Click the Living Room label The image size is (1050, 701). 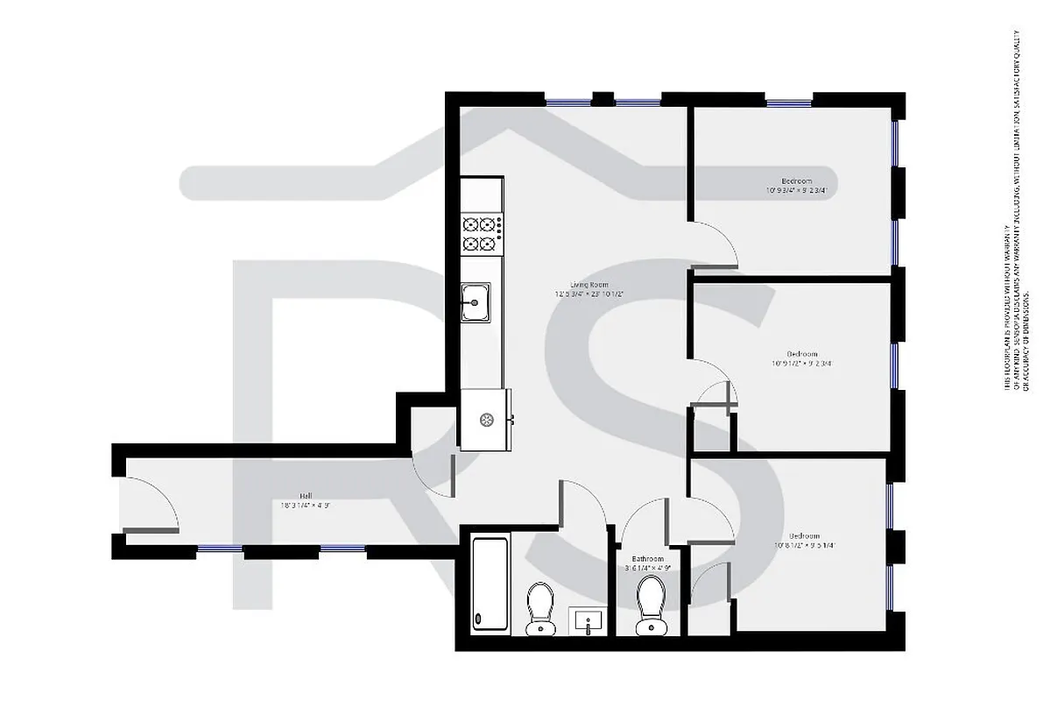[588, 285]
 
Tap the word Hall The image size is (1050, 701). [305, 495]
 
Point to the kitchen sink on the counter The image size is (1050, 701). [476, 302]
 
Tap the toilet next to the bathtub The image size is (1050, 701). [539, 609]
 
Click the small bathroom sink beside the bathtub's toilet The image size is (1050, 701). [587, 621]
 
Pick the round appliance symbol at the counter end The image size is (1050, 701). [484, 419]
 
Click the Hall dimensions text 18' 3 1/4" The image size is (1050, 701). [305, 506]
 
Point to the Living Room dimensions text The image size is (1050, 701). [588, 294]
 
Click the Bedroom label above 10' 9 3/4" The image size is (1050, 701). [796, 181]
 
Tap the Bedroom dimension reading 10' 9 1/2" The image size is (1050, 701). [800, 364]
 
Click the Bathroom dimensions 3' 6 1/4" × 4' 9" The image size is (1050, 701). [648, 568]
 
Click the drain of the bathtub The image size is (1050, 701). [479, 619]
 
